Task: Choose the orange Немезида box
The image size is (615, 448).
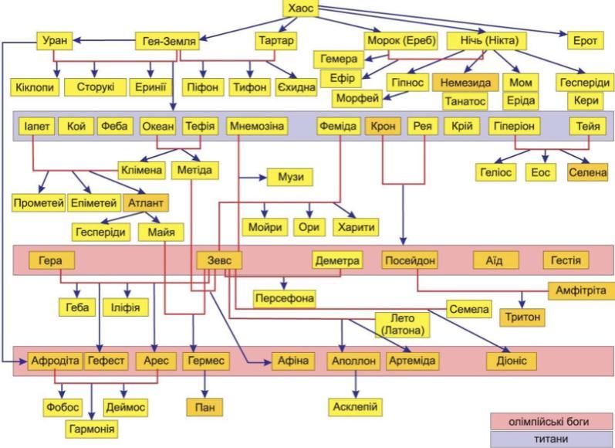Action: click(465, 83)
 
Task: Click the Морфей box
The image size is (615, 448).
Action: click(359, 99)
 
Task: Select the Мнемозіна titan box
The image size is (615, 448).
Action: click(257, 126)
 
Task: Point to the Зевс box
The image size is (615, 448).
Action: click(219, 260)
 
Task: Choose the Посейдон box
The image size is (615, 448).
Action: click(410, 260)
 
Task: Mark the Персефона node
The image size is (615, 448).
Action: click(285, 297)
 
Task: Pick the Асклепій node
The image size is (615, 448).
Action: click(355, 406)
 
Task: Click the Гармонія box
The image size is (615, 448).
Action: click(91, 428)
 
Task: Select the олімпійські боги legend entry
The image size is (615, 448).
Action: click(551, 422)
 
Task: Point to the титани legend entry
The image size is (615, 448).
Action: click(551, 438)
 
